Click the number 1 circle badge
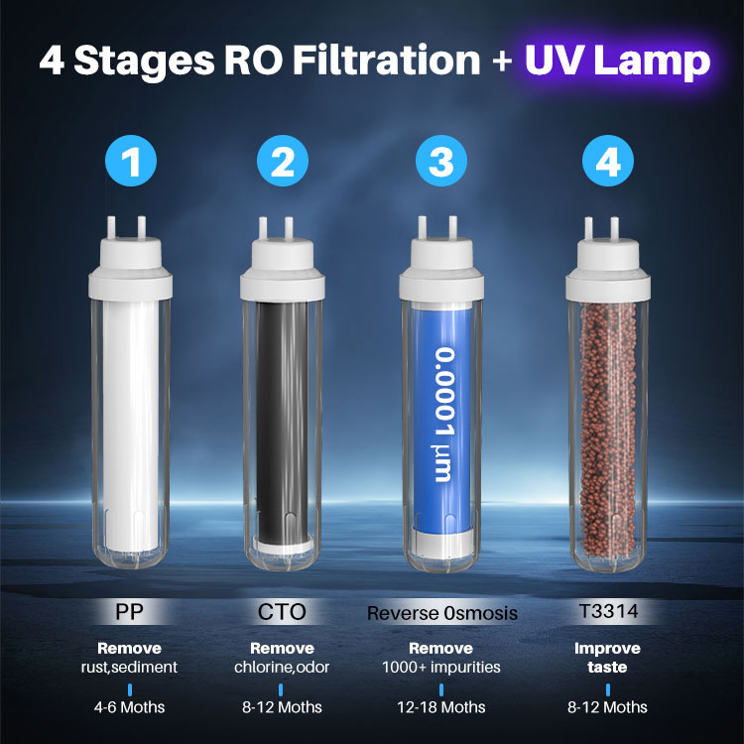tap(131, 161)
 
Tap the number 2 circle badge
tap(283, 161)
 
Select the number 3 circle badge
tap(441, 161)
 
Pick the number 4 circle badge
tap(608, 161)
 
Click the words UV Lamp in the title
tap(617, 61)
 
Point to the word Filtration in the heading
tap(387, 60)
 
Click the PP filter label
tap(129, 612)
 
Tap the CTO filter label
tap(282, 612)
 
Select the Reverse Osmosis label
tap(442, 613)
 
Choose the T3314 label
tap(608, 611)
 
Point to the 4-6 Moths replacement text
tap(129, 707)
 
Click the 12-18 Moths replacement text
tap(441, 707)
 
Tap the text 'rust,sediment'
tap(129, 668)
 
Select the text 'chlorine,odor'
tap(282, 668)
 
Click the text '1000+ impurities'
tap(441, 668)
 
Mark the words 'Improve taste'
tap(607, 658)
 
